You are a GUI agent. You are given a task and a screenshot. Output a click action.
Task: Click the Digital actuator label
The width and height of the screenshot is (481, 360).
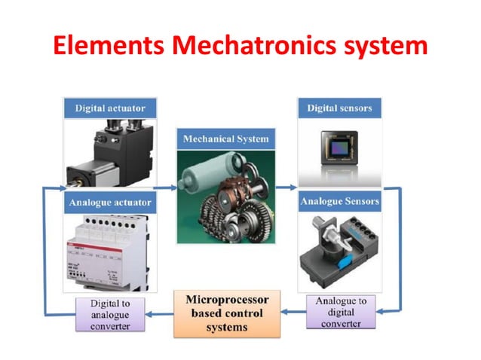111,108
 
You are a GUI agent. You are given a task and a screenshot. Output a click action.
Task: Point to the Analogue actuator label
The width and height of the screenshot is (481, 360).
111,203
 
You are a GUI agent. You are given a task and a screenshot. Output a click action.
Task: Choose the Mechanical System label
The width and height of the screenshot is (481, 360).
225,139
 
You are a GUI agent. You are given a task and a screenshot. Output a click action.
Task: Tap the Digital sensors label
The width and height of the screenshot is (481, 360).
339,108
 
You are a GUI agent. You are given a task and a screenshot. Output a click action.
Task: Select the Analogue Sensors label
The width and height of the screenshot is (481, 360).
339,202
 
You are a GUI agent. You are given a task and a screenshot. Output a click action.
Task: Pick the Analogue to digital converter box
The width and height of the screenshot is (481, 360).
341,312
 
